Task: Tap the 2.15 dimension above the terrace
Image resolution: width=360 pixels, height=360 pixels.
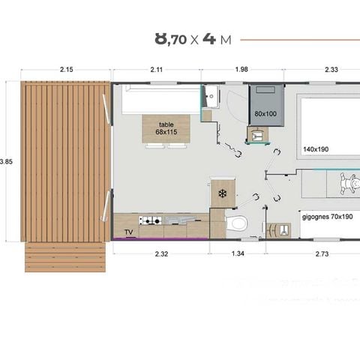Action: [x=65, y=70]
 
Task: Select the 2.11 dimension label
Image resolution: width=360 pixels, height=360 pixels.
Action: [x=156, y=70]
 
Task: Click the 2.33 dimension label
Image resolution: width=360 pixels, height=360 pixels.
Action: [x=331, y=70]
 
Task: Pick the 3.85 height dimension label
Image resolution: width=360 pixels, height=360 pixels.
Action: [x=6, y=161]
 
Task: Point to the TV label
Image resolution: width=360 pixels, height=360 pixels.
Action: [x=129, y=232]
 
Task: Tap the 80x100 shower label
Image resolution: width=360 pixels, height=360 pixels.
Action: [x=265, y=113]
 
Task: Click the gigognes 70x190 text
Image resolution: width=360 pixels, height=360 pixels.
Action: [x=328, y=216]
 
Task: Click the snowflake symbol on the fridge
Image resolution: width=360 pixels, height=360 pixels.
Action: [x=222, y=193]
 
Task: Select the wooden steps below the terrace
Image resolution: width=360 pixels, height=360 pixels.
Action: [x=66, y=256]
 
